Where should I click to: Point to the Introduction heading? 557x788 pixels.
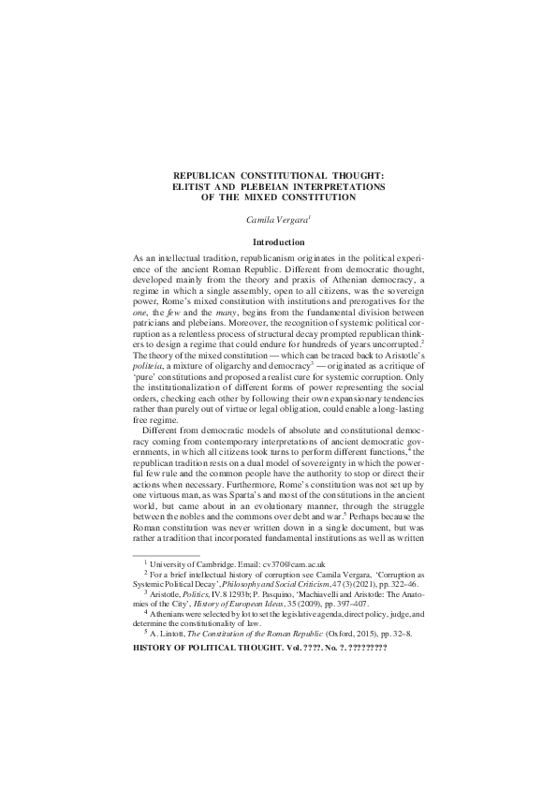click(x=279, y=241)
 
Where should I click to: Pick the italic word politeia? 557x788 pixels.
click(x=149, y=371)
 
